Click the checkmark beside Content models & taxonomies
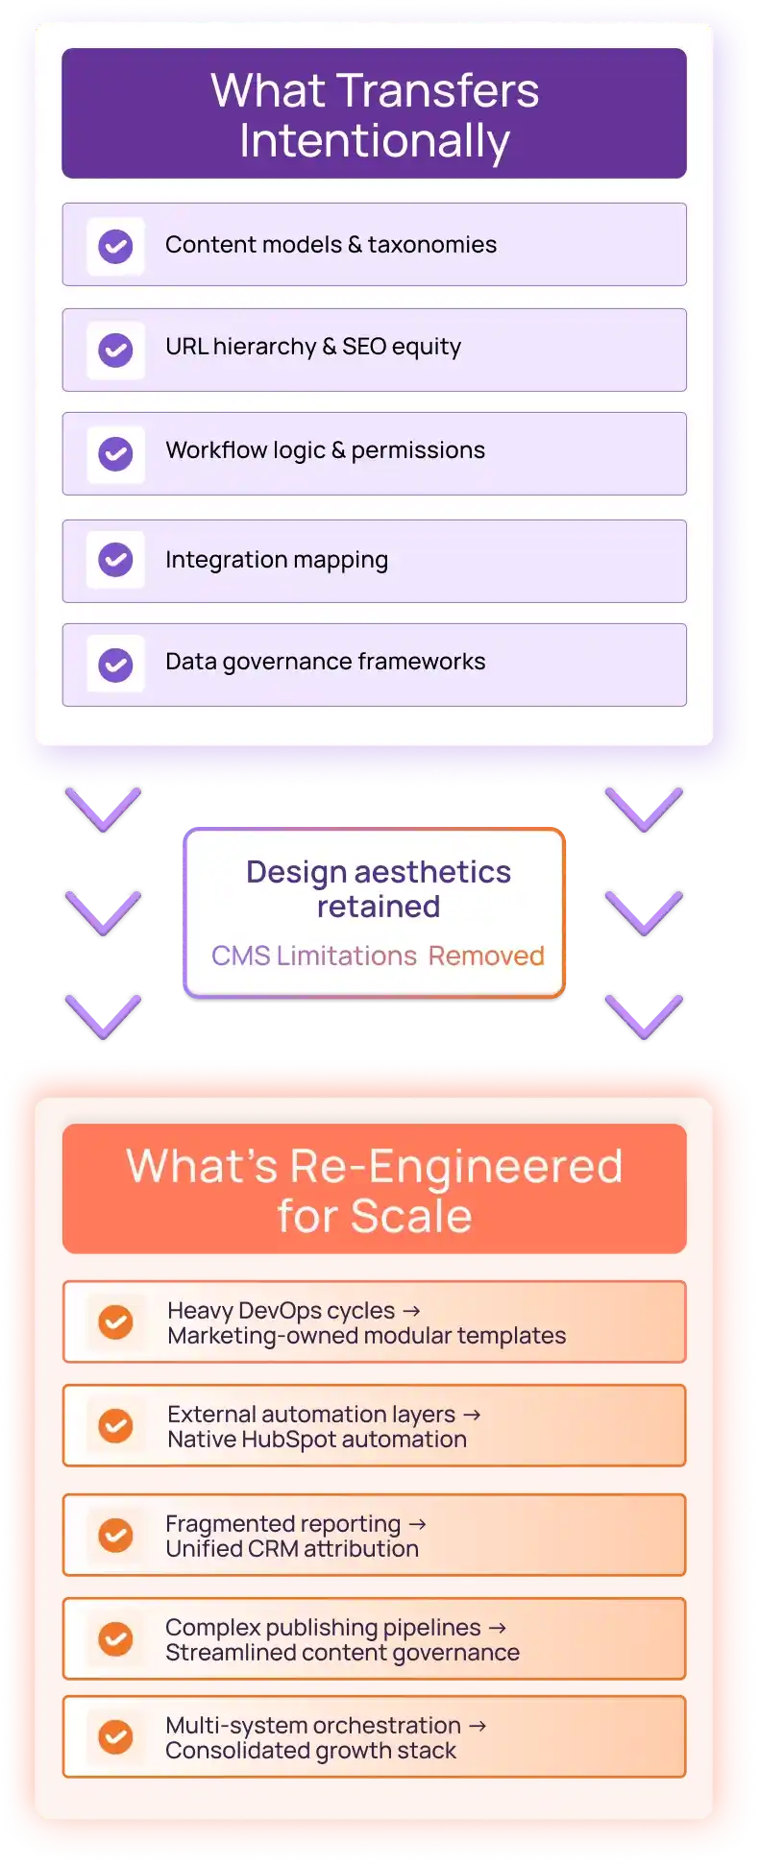click(115, 246)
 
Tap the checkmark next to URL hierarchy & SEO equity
click(115, 350)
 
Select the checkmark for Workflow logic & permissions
click(115, 453)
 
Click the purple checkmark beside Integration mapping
click(115, 559)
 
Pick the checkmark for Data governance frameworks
click(115, 665)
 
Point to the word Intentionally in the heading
click(375, 142)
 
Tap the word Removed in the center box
click(486, 956)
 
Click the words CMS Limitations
click(314, 956)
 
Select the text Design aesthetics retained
click(379, 889)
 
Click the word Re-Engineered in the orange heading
click(456, 1167)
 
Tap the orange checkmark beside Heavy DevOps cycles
click(115, 1322)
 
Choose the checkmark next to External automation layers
click(115, 1426)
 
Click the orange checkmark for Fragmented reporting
click(115, 1536)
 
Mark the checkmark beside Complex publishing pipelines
click(115, 1639)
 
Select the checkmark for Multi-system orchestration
click(115, 1737)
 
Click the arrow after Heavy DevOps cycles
click(411, 1311)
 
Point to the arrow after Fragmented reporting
click(417, 1524)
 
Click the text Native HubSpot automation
click(317, 1440)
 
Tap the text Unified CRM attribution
click(292, 1549)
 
